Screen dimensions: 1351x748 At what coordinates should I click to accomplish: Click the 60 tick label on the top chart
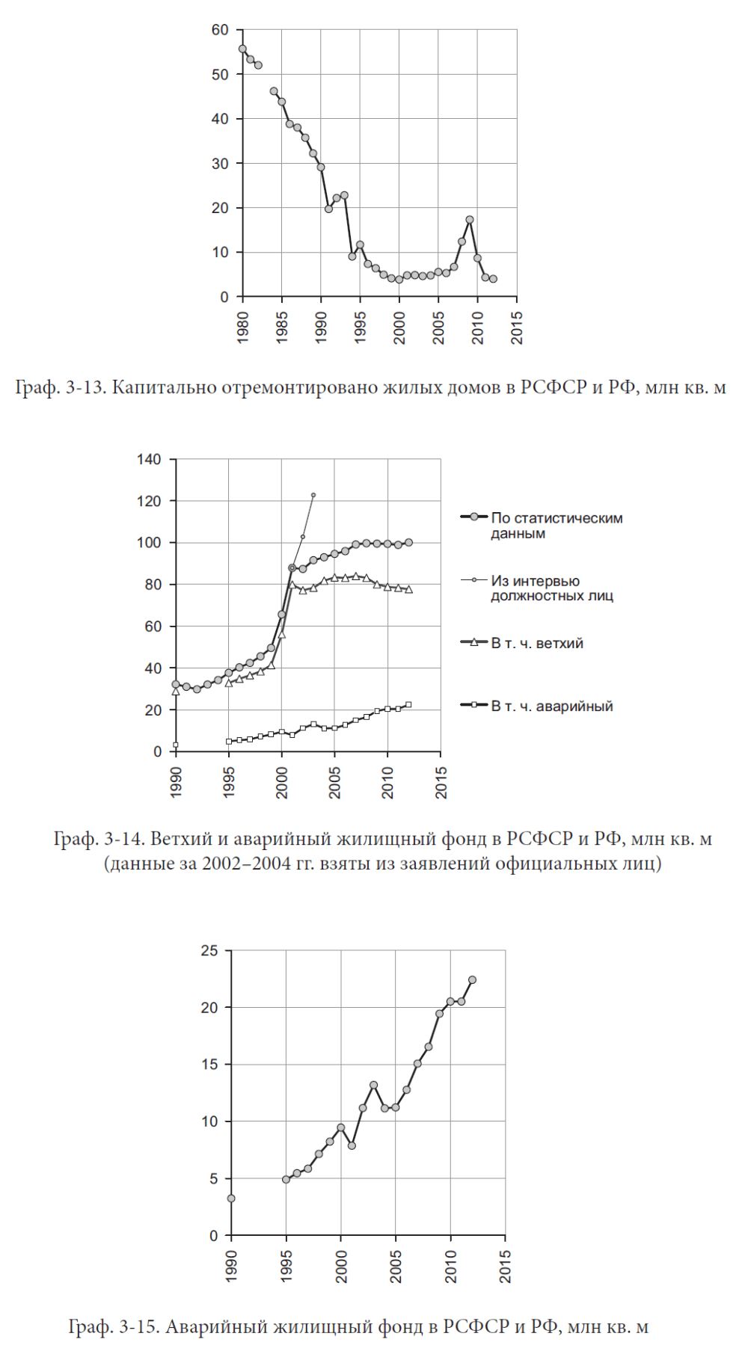(x=220, y=30)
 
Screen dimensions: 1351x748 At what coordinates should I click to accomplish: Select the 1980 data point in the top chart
(x=242, y=49)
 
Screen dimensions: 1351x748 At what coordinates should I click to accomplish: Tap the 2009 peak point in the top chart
(x=470, y=220)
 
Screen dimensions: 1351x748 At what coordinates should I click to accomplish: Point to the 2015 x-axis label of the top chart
(x=517, y=327)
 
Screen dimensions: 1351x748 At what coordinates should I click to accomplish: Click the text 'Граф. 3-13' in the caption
(x=61, y=387)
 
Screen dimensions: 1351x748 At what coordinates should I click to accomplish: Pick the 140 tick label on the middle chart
(x=149, y=459)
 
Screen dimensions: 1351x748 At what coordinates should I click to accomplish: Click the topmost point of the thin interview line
(x=313, y=495)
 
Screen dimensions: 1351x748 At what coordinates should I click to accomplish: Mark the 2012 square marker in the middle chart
(x=408, y=704)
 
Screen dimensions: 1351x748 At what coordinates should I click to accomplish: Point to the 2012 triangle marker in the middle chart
(x=408, y=589)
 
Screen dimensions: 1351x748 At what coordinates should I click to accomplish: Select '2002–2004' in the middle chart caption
(x=246, y=864)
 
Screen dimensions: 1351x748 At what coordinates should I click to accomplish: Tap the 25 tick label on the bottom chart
(x=209, y=950)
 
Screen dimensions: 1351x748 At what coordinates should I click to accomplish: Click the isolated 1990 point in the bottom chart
(x=231, y=1198)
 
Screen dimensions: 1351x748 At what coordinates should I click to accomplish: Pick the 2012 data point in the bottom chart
(x=472, y=979)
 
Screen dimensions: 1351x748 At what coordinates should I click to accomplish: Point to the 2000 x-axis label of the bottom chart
(x=341, y=1267)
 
